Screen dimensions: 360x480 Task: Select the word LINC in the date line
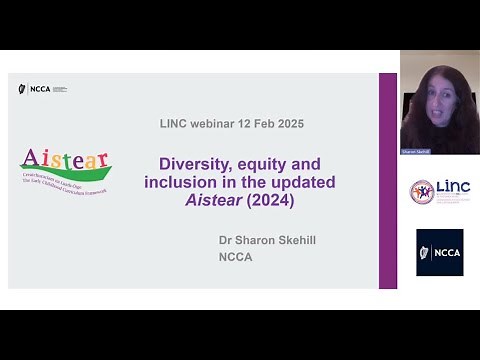pyautogui.click(x=177, y=123)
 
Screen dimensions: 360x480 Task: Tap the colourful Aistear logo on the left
pyautogui.click(x=65, y=171)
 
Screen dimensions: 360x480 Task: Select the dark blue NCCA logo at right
pyautogui.click(x=439, y=253)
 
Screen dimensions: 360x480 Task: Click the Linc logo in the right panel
pyautogui.click(x=439, y=191)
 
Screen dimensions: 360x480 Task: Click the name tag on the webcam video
pyautogui.click(x=415, y=152)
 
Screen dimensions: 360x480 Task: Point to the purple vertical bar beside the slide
pyautogui.click(x=387, y=180)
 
